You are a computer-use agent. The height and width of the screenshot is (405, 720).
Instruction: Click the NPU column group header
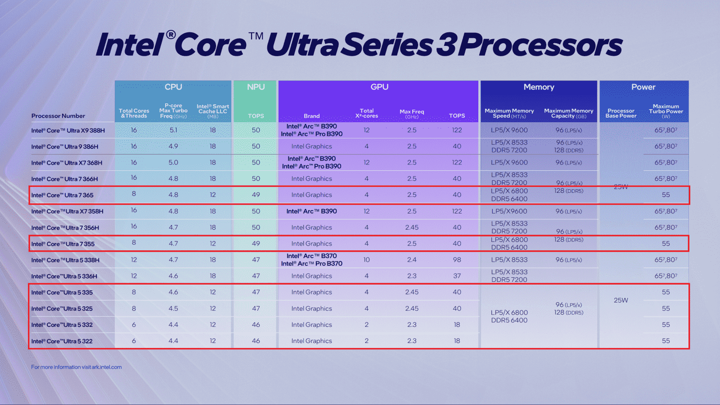256,87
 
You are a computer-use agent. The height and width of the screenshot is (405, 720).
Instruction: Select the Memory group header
539,87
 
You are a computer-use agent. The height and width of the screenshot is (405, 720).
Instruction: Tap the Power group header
643,87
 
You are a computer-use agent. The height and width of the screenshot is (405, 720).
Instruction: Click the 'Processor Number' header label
58,116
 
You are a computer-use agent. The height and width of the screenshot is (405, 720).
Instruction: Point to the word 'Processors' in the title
540,45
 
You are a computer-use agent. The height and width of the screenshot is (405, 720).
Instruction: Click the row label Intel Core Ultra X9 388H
68,130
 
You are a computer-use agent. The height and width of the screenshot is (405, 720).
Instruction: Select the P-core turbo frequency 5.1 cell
173,130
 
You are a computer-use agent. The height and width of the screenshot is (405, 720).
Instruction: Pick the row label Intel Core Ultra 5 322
62,341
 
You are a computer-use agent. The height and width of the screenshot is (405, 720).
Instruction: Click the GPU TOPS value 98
457,259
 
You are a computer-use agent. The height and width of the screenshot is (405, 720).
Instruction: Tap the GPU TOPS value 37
457,276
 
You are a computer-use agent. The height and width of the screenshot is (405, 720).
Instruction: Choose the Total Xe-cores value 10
366,259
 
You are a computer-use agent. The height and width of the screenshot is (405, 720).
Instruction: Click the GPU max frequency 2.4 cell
412,259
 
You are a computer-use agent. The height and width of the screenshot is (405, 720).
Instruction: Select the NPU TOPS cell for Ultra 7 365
256,195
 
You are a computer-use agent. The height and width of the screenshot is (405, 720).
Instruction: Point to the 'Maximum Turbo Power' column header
666,111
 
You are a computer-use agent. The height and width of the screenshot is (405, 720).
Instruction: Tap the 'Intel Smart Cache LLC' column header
213,111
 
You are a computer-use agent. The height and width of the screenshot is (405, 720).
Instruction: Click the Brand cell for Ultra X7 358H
311,211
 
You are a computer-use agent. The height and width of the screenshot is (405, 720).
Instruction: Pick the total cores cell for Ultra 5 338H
134,259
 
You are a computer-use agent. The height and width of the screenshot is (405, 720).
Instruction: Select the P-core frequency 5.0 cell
173,163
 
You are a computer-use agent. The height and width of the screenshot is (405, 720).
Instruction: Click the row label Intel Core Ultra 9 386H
65,147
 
